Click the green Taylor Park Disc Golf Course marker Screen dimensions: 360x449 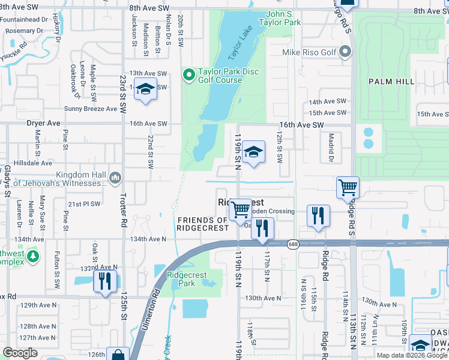tap(188, 75)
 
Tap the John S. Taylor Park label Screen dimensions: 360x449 tap(279, 17)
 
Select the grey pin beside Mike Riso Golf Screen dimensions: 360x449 tap(345, 52)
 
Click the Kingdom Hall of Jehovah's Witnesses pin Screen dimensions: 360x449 tap(116, 178)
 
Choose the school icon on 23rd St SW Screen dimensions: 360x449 tap(145, 89)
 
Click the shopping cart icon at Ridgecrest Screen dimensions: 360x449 tap(241, 209)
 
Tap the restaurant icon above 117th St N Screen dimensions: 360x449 tap(262, 228)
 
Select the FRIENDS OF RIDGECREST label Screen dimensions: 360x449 tap(203, 224)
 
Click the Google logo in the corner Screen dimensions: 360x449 tap(20, 352)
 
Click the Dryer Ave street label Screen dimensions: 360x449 tap(44, 123)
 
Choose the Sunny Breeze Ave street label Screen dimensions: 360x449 tap(90, 109)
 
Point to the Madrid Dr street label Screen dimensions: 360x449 tap(330, 148)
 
